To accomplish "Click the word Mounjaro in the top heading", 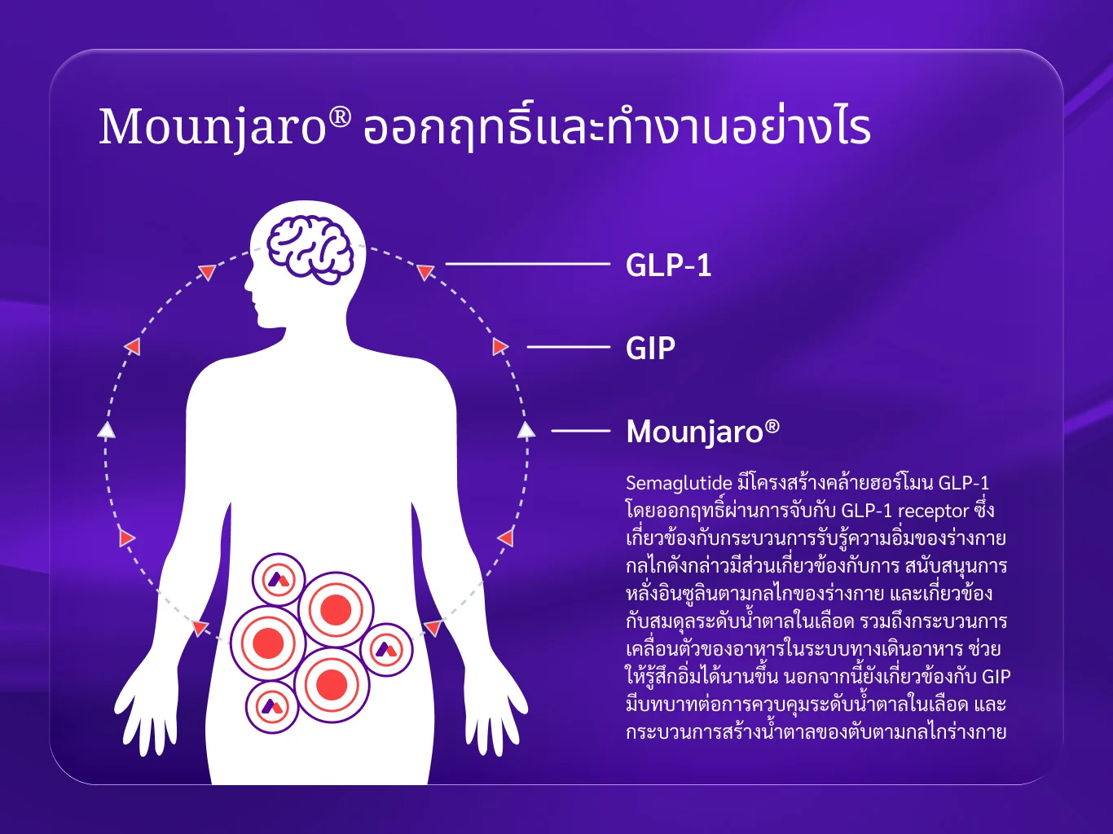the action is [x=213, y=127].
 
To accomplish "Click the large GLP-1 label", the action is [x=668, y=265].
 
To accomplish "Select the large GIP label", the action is [x=650, y=348].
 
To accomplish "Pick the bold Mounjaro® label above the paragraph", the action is [x=702, y=431].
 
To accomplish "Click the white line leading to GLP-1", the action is [x=527, y=264].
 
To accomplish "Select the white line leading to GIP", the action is [x=569, y=347].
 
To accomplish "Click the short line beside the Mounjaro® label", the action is [x=581, y=431].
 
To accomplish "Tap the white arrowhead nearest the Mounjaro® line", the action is [x=526, y=430].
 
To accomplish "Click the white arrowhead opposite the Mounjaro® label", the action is [x=107, y=430].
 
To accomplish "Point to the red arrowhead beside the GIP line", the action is [x=499, y=347].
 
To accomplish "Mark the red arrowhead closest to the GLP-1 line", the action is [x=425, y=272].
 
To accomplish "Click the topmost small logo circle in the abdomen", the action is [x=279, y=579].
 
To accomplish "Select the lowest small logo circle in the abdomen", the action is [x=272, y=706].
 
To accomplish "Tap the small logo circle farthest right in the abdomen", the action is [x=386, y=649].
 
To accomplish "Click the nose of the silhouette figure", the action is [x=248, y=283].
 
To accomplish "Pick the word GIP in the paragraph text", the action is [x=996, y=677].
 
